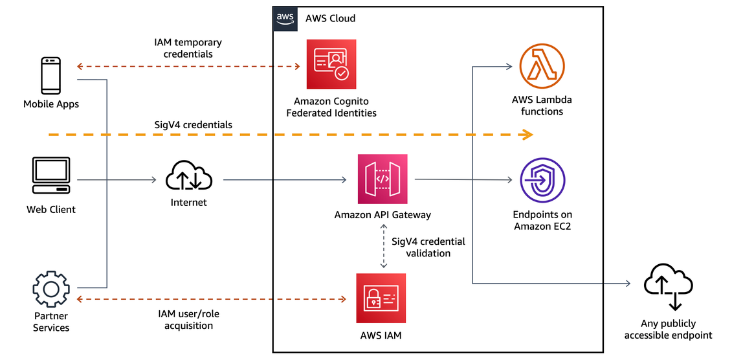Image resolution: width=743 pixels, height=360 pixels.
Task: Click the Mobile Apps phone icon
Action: [x=51, y=75]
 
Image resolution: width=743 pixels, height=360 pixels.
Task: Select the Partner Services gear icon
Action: [x=51, y=289]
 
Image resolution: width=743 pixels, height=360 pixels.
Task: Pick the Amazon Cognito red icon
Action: [x=331, y=64]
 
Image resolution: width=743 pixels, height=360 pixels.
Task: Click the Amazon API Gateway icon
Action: [x=383, y=179]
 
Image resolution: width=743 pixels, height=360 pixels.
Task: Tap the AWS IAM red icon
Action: [x=381, y=298]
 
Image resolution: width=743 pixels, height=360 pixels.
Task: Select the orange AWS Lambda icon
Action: [x=542, y=67]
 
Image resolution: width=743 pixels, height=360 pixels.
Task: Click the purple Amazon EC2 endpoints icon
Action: [x=542, y=180]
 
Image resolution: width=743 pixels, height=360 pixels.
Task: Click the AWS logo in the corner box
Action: [x=285, y=18]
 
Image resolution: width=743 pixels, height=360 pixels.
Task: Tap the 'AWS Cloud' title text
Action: [x=330, y=18]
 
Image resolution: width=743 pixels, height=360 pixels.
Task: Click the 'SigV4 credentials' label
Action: [x=193, y=124]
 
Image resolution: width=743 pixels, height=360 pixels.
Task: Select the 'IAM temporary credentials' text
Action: [x=188, y=49]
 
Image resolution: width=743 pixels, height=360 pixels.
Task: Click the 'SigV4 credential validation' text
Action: [x=428, y=247]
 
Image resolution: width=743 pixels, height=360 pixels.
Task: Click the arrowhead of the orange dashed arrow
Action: [x=527, y=135]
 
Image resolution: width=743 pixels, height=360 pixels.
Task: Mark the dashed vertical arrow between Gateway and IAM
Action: [x=383, y=247]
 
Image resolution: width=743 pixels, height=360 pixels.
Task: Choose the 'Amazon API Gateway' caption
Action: [x=383, y=215]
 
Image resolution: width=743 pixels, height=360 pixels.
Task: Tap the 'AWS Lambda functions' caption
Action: [x=542, y=106]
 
